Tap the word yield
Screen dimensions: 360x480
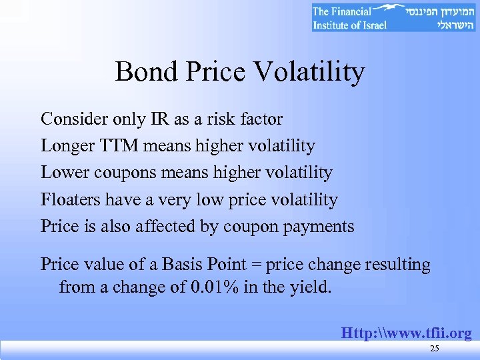pyautogui.click(x=307, y=287)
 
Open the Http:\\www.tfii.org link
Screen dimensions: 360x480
pyautogui.click(x=406, y=333)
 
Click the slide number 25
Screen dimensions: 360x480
pyautogui.click(x=435, y=349)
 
